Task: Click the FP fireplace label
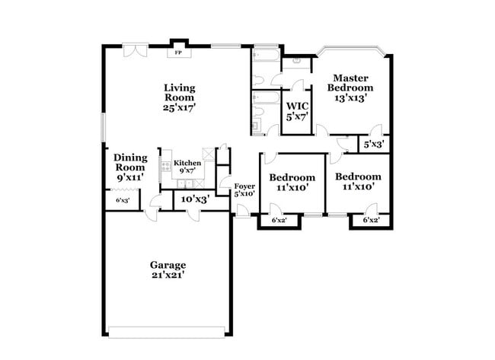point(178,53)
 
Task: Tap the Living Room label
point(179,93)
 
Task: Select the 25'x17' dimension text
point(179,107)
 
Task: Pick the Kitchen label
point(187,163)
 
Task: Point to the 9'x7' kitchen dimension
point(187,171)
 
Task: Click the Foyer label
point(244,186)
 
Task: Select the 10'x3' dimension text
point(195,199)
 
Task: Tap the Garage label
point(168,265)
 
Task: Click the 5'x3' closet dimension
point(372,144)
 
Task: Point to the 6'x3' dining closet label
point(122,201)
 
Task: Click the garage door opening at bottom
point(167,331)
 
